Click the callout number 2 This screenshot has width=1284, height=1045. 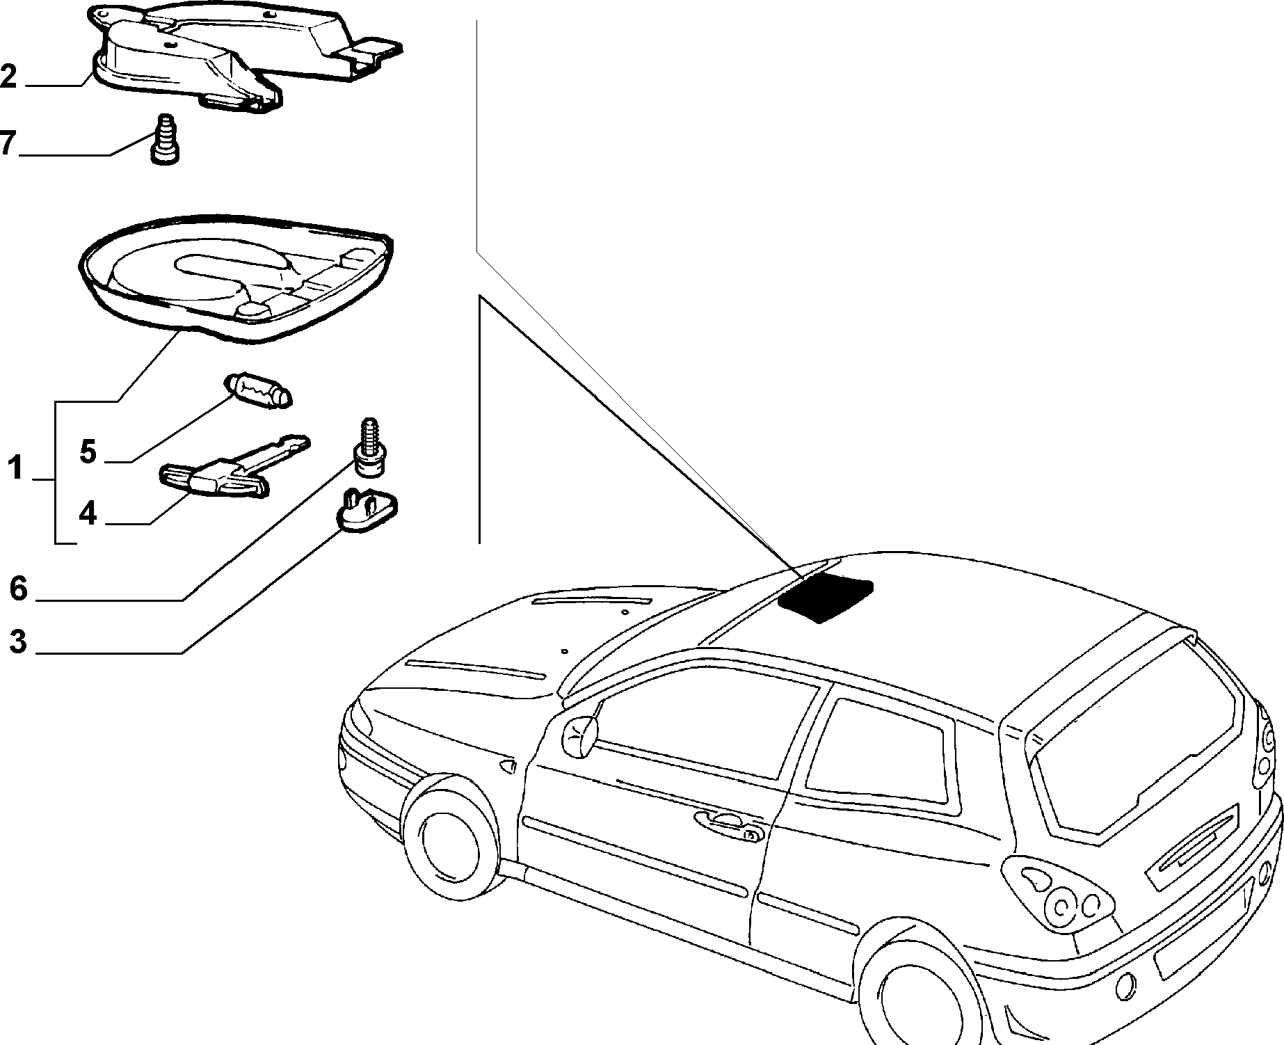tap(8, 75)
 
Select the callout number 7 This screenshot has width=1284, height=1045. tap(7, 143)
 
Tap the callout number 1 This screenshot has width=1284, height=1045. tap(15, 468)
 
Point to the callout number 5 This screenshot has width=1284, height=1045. tap(88, 452)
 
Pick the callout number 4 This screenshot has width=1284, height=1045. tap(88, 513)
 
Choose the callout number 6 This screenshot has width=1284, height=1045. tap(18, 589)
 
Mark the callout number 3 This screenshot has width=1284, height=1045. tap(18, 641)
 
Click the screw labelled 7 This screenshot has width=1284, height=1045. tap(164, 139)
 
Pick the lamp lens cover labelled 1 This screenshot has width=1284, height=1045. tap(236, 278)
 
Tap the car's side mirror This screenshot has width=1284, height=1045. tap(580, 735)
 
